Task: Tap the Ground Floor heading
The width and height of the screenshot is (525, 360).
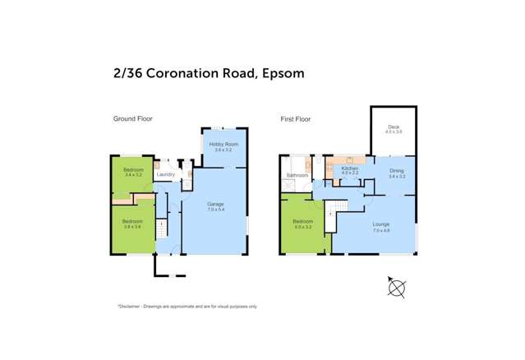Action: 133,119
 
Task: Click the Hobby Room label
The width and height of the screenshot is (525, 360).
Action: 221,145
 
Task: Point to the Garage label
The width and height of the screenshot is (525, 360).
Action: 215,204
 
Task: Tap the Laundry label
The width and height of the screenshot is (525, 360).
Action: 166,174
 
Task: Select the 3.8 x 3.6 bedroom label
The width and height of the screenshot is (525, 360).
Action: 132,223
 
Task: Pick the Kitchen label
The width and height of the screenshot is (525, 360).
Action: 349,168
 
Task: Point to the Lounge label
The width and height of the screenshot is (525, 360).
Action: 380,224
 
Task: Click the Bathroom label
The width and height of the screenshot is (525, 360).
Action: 297,175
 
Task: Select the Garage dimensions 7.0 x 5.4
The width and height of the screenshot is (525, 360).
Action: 215,210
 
